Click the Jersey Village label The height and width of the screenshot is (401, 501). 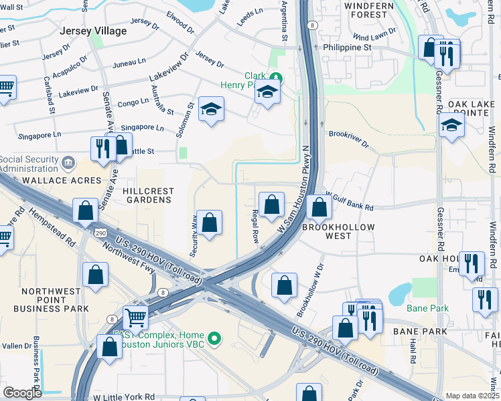pyautogui.click(x=92, y=31)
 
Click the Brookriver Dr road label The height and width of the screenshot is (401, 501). pyautogui.click(x=349, y=134)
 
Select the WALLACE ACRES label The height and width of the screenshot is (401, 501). pyautogui.click(x=52, y=180)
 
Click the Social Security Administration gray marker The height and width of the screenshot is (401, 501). pyautogui.click(x=68, y=162)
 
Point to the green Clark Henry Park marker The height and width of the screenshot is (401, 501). pyautogui.click(x=275, y=78)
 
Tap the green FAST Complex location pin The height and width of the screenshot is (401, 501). pyautogui.click(x=214, y=340)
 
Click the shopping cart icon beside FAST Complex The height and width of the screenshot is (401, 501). pyautogui.click(x=135, y=317)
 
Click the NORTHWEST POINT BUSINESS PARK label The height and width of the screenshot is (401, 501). pyautogui.click(x=55, y=301)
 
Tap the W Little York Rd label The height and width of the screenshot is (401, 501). pyautogui.click(x=124, y=396)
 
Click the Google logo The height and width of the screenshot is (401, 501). pyautogui.click(x=22, y=393)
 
